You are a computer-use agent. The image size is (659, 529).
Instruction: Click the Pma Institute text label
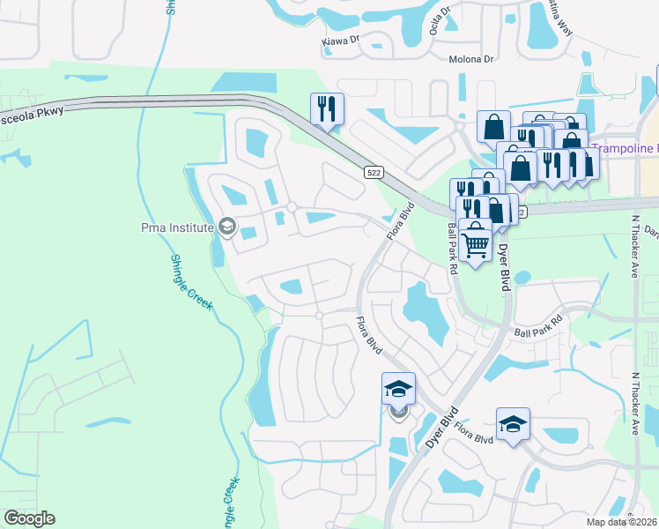point(177,228)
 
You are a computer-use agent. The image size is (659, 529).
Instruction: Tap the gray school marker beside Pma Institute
point(227,227)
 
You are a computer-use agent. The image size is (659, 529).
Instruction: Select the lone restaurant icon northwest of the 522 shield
point(327,109)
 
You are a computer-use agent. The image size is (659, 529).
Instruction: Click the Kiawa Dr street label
point(343,40)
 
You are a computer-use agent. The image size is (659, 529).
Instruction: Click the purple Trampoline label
point(624,148)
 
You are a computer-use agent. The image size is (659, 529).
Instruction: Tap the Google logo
point(30,518)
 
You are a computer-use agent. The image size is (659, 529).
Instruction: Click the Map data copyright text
point(622,522)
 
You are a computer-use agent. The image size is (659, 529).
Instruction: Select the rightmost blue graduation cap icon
point(513,424)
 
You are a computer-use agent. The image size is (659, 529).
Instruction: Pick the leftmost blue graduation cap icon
point(398,389)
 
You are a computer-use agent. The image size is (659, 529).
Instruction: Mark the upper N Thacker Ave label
point(635,246)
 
